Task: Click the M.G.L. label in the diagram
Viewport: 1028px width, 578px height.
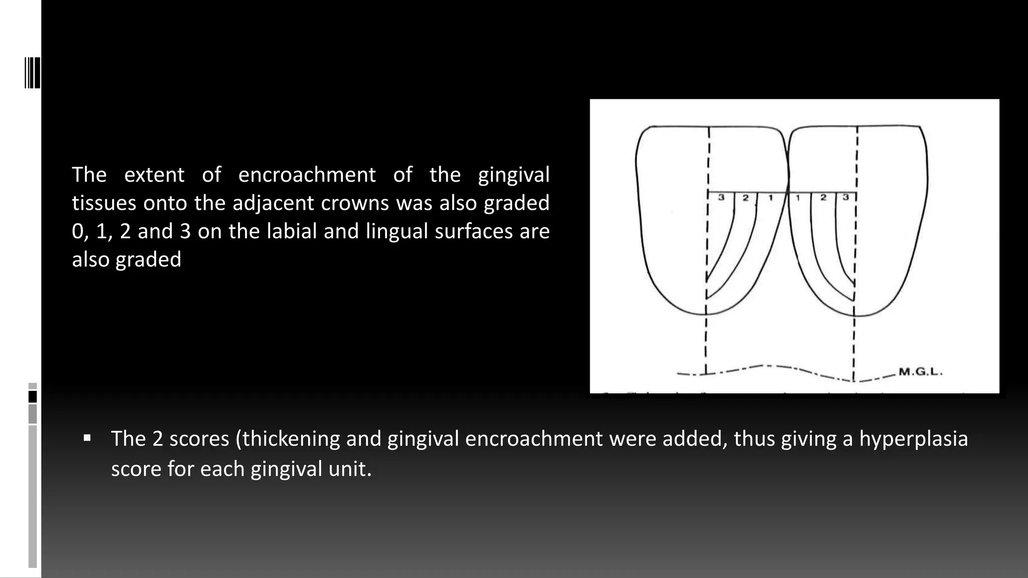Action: tap(921, 372)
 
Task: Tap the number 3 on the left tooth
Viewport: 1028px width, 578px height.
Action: tap(721, 197)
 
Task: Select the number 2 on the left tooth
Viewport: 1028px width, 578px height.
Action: tap(745, 198)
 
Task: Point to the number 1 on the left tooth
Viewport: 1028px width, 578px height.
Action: tap(770, 198)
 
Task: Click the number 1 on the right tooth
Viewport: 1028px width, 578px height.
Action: tap(798, 198)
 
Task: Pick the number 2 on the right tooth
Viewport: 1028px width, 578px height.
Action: tap(823, 198)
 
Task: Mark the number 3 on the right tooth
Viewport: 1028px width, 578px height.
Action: tap(846, 197)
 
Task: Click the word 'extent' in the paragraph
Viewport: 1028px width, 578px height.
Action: tap(154, 175)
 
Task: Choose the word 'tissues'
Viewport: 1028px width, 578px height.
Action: tap(104, 203)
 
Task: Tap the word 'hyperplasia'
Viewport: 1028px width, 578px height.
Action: tap(913, 439)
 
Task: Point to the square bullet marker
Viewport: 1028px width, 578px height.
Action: tap(87, 438)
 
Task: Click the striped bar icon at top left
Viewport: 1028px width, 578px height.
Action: tap(32, 73)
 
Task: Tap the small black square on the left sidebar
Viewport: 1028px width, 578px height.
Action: tap(33, 397)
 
